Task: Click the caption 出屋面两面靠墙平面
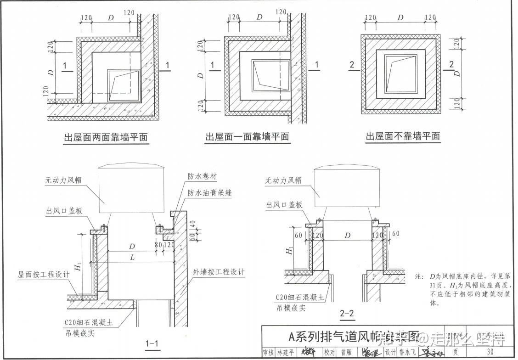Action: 106,137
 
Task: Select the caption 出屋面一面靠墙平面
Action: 247,137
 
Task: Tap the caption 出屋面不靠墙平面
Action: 402,136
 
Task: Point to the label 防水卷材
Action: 202,176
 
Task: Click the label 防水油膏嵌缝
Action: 209,193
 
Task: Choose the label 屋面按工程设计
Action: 44,274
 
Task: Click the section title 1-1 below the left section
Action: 152,343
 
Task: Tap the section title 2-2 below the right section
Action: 347,314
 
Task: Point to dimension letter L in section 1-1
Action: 133,258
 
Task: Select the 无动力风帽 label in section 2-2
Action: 283,181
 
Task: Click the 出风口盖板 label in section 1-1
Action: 64,211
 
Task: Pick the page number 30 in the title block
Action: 490,352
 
